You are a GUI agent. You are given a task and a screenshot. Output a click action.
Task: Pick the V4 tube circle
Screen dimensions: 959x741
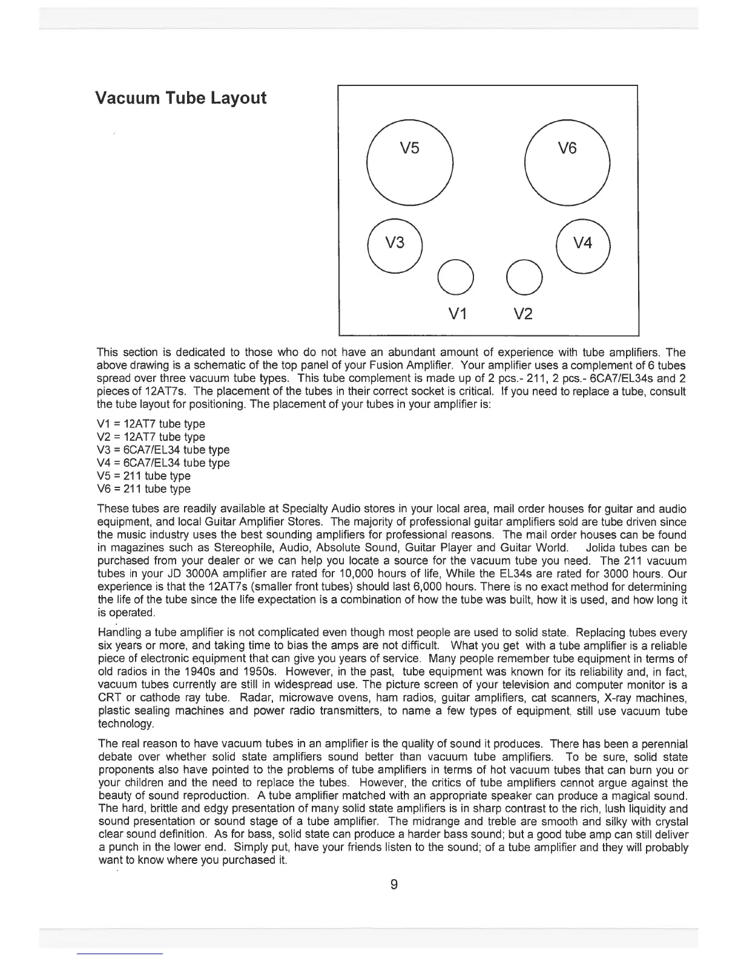pyautogui.click(x=582, y=244)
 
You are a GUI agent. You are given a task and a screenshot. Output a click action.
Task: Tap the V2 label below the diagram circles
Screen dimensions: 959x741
pyautogui.click(x=524, y=314)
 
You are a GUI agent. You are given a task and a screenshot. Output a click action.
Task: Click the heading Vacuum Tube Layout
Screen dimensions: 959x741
pyautogui.click(x=181, y=98)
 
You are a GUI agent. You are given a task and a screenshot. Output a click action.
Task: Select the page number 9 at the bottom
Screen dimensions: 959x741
pyautogui.click(x=394, y=885)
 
